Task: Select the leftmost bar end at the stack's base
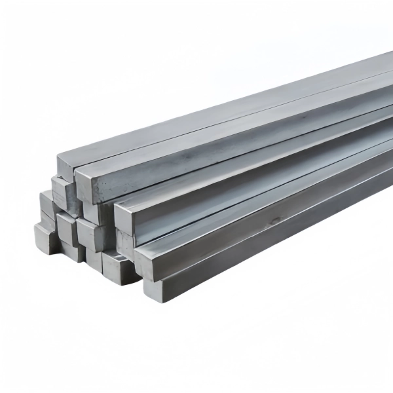click(x=46, y=237)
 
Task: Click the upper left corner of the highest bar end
click(x=58, y=157)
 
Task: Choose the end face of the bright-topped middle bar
click(x=124, y=219)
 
